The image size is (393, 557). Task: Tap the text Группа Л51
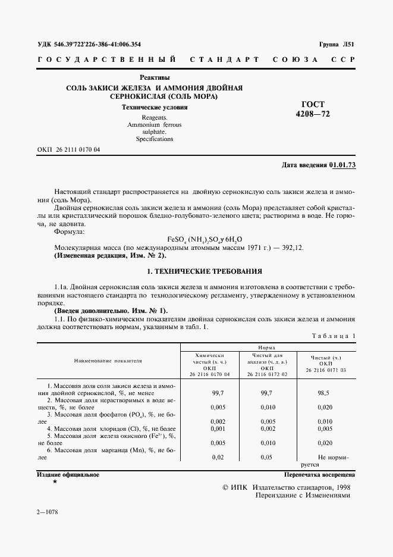point(337,45)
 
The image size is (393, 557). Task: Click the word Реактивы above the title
point(155,77)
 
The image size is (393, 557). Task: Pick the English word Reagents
point(154,118)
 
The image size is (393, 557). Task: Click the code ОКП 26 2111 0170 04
point(68,150)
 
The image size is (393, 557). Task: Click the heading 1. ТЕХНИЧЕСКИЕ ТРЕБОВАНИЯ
point(204,271)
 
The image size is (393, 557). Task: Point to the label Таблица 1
point(334,336)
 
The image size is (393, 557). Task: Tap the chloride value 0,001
point(218,428)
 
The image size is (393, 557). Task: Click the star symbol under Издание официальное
point(55,481)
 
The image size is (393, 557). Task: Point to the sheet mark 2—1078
point(50,512)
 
